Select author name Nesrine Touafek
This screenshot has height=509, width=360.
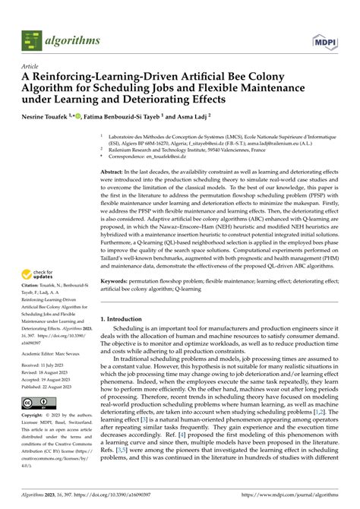pyautogui.click(x=46, y=118)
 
